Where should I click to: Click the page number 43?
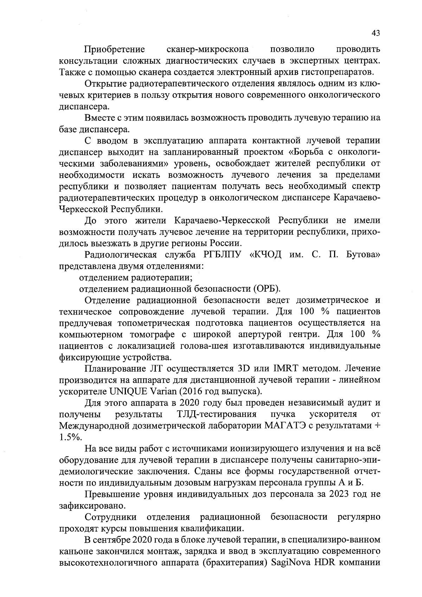pos(376,33)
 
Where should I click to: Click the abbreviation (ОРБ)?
pos(267,289)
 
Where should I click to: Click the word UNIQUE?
pos(128,391)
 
